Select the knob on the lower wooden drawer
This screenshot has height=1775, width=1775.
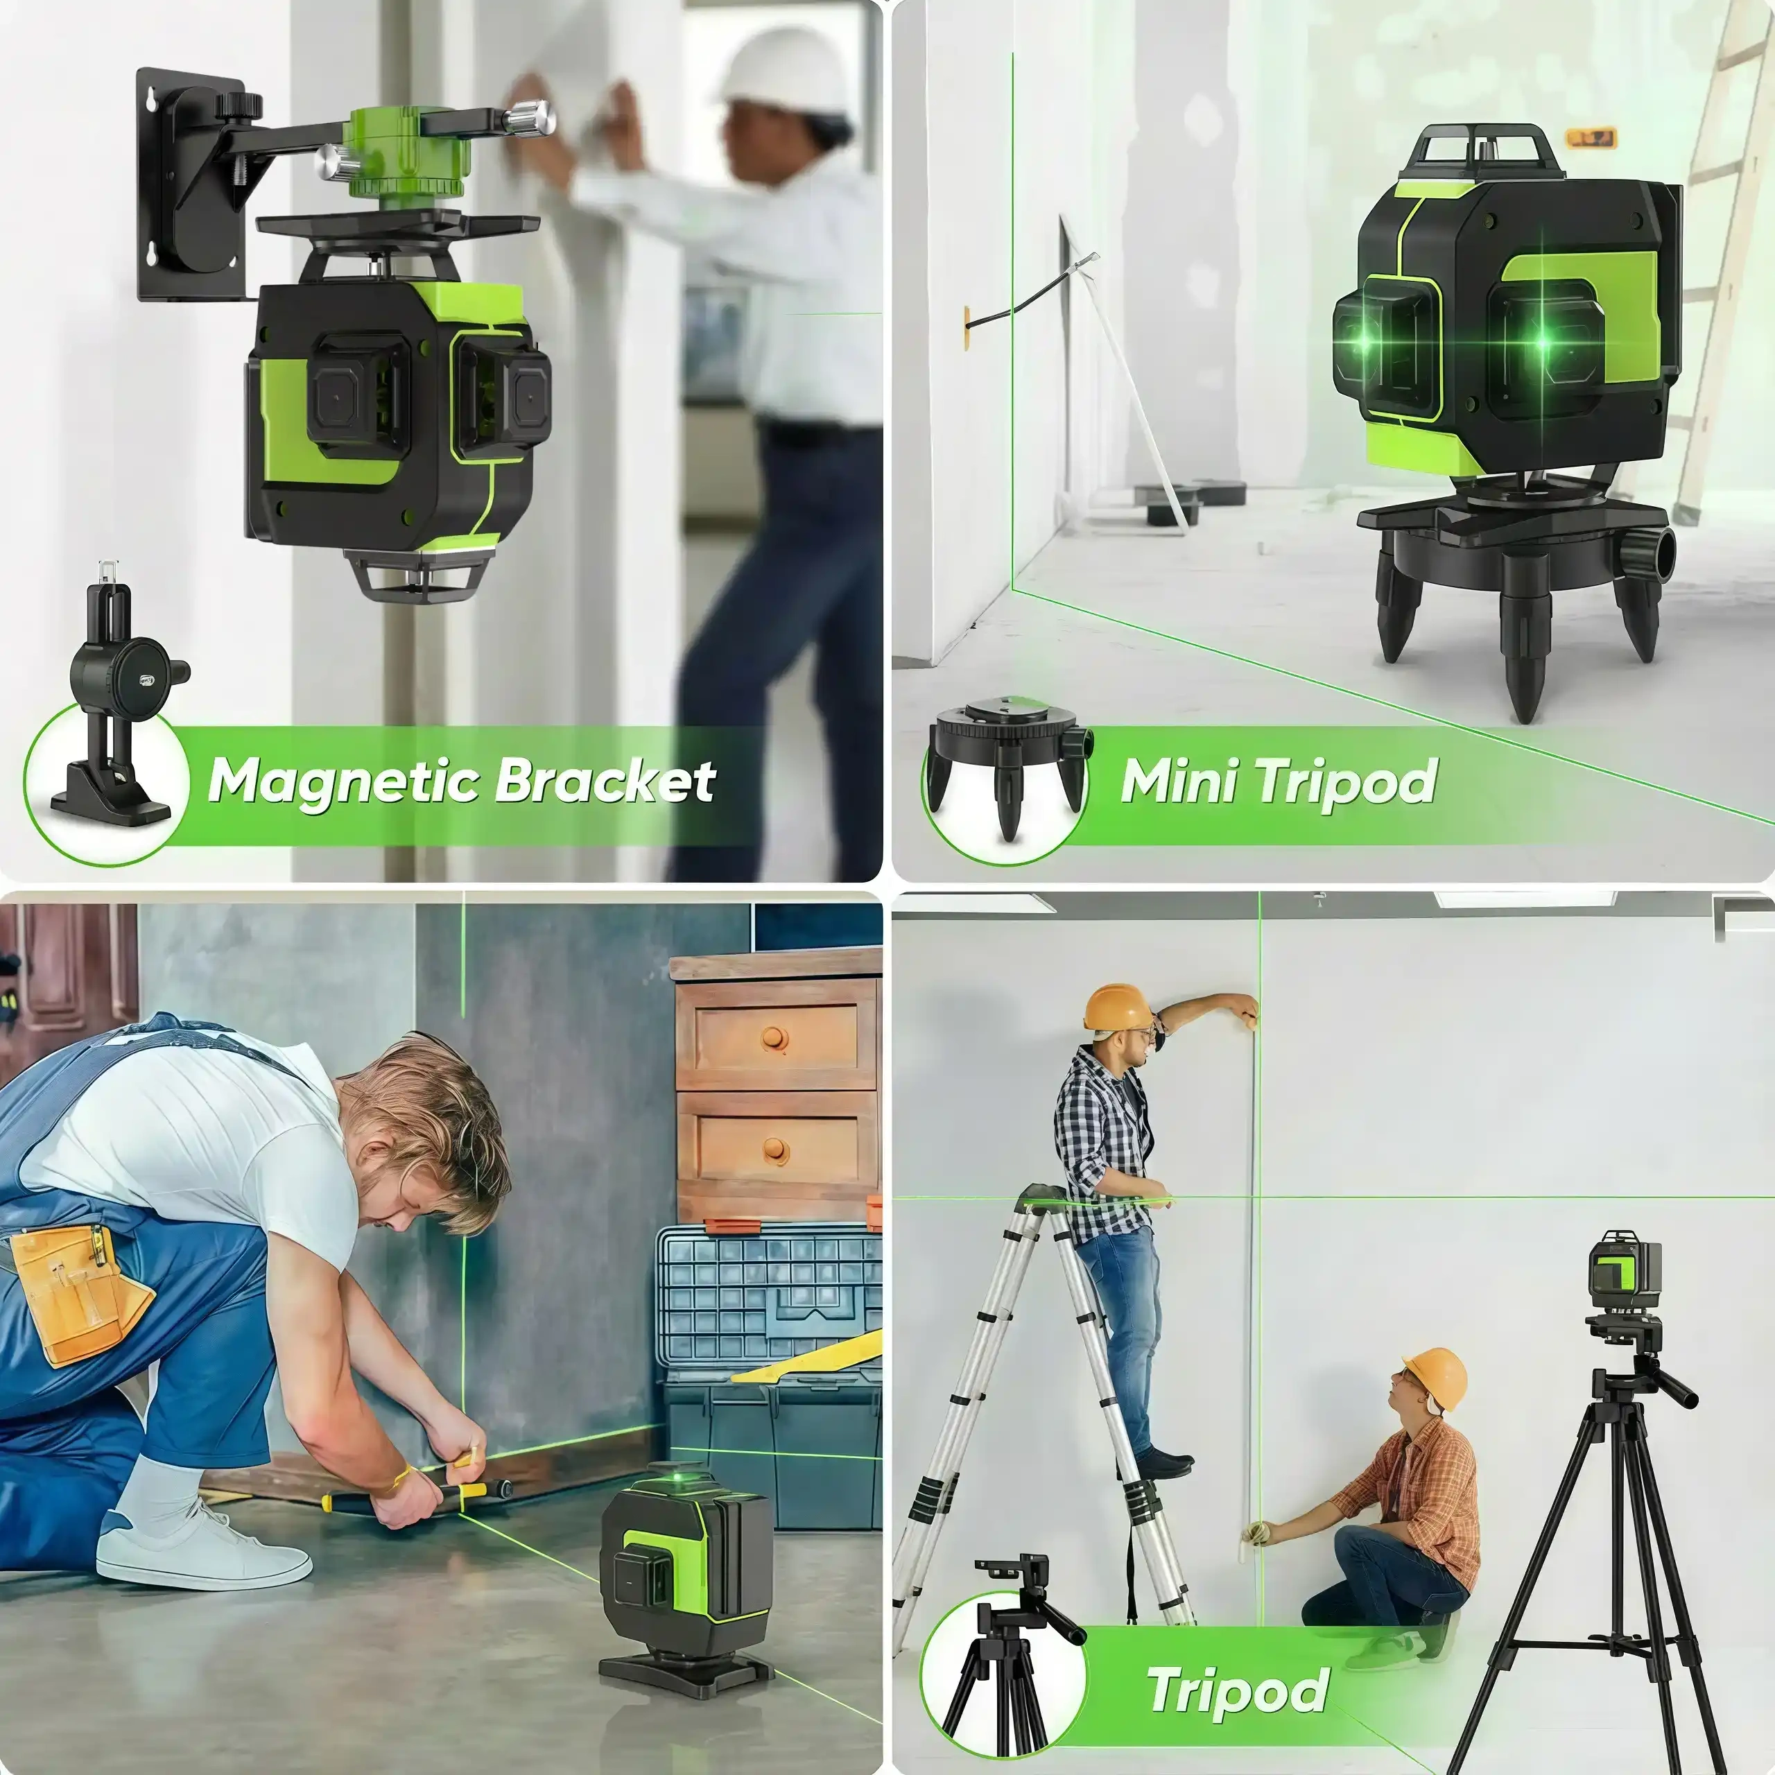tap(777, 1150)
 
